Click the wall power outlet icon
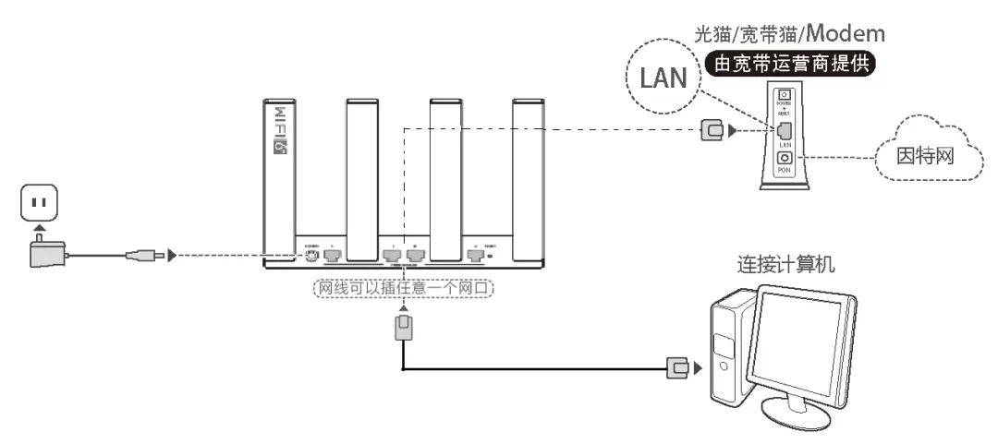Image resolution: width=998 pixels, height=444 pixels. [39, 202]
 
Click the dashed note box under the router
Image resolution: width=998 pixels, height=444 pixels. [404, 288]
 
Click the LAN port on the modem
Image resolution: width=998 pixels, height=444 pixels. [785, 129]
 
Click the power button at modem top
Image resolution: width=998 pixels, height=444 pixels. [785, 96]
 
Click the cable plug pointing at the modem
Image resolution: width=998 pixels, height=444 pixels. [712, 130]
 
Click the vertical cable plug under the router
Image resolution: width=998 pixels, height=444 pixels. [404, 327]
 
